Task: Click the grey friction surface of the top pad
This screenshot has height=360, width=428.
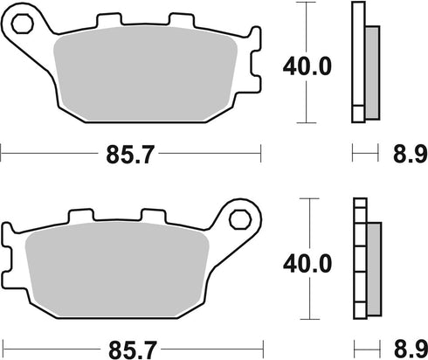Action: click(140, 79)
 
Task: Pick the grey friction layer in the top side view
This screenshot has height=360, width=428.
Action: click(371, 70)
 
